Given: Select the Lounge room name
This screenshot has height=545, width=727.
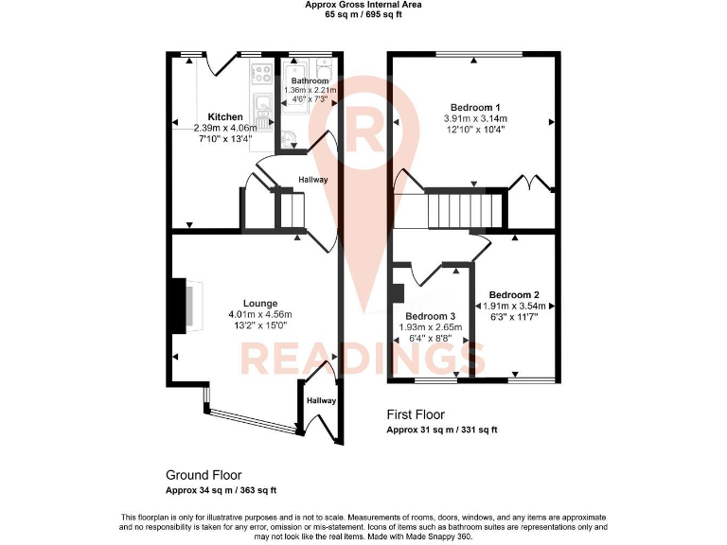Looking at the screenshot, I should (x=260, y=304).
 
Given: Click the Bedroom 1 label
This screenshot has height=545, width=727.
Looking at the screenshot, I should (x=474, y=107).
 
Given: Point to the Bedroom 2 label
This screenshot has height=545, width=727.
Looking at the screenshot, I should (x=515, y=294).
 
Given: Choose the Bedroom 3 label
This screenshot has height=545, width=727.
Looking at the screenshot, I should (x=430, y=316).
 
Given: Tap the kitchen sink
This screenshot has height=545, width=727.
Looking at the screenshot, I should (x=262, y=102).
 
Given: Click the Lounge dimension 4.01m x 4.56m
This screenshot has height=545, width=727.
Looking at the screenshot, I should (x=260, y=315).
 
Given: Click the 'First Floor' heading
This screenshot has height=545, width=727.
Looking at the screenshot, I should (x=416, y=414).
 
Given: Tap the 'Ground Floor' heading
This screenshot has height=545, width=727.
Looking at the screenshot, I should (x=204, y=475).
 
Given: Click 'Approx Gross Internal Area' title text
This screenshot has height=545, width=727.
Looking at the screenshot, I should (x=363, y=5).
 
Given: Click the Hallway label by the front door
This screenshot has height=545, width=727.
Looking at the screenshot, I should (x=321, y=401).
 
